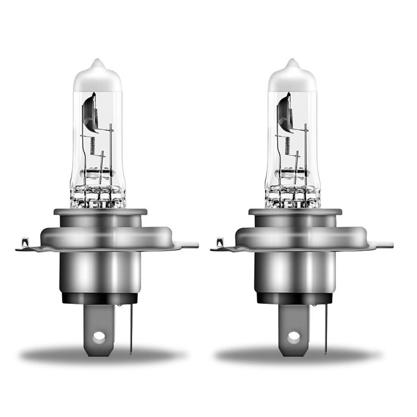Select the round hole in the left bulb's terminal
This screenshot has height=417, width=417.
(x=99, y=337)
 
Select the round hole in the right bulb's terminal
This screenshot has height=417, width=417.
(x=294, y=337)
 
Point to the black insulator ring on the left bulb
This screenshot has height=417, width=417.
(x=99, y=298)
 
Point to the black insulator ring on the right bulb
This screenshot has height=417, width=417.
(x=294, y=298)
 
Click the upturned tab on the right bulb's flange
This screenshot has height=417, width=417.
(x=219, y=243)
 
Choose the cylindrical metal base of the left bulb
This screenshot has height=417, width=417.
(x=99, y=271)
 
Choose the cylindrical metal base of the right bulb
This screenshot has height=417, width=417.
(x=294, y=271)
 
